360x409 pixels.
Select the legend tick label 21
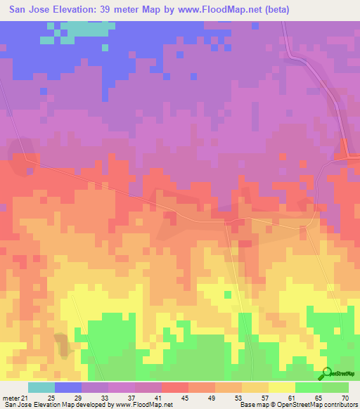click(x=28, y=398)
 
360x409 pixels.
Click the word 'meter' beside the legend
click(x=11, y=398)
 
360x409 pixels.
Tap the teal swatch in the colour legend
click(x=41, y=387)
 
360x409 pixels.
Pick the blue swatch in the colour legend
click(x=68, y=387)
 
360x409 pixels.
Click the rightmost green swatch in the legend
click(x=335, y=387)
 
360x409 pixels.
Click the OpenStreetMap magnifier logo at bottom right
click(x=327, y=373)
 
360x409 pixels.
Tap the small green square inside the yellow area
click(x=227, y=294)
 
